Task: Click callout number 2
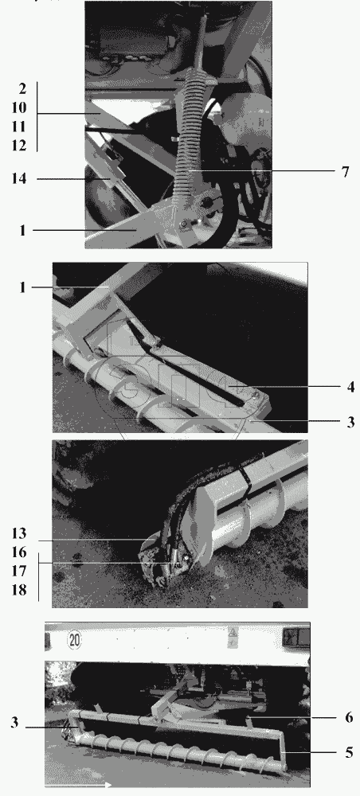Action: coord(22,88)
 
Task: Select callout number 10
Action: coord(18,107)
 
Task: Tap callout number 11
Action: coord(18,127)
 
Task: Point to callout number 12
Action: coord(18,145)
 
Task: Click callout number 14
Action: coord(19,178)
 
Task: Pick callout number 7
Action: coord(346,172)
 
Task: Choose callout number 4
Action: coord(350,387)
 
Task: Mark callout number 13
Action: coord(18,533)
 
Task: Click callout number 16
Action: coord(18,552)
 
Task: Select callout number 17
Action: coord(18,571)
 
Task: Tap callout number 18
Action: coord(18,590)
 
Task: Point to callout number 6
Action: coord(349,717)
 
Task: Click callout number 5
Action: coord(349,752)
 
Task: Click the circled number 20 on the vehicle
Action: coord(75,641)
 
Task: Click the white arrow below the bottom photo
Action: coord(79,786)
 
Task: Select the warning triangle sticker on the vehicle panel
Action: coord(233,634)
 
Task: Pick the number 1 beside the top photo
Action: coord(22,230)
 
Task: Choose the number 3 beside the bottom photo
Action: coord(14,723)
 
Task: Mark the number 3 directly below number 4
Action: coord(350,422)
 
